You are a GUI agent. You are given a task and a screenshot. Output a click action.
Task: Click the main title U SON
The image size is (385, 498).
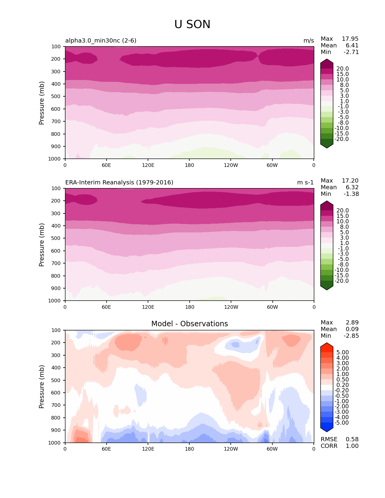coord(192,24)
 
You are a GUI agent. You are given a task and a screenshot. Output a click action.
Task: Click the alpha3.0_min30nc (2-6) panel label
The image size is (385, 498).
coord(101,41)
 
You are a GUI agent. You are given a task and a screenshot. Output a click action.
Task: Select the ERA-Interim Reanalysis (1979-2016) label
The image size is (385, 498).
coord(119,183)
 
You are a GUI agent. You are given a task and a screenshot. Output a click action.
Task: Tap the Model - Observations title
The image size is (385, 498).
coord(189,324)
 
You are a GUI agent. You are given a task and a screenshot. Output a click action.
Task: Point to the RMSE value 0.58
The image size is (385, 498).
coord(352,439)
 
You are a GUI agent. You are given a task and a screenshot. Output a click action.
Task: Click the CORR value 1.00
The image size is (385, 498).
coord(352,446)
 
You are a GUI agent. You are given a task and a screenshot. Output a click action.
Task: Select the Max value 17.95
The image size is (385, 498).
coord(350,39)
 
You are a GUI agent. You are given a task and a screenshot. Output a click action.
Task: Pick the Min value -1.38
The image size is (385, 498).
coord(351,194)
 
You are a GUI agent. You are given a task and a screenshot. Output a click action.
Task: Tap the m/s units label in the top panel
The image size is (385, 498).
coord(309,41)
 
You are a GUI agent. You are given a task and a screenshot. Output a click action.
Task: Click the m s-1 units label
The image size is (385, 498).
coord(305,183)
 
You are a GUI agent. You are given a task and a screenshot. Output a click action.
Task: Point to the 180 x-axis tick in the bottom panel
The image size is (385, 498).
coord(189,449)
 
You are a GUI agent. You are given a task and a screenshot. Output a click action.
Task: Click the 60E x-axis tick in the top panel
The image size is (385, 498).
coord(106,165)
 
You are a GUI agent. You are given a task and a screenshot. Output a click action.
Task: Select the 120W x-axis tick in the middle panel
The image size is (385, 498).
coord(231,307)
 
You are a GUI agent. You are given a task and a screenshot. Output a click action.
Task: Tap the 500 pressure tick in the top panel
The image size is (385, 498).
coord(56,97)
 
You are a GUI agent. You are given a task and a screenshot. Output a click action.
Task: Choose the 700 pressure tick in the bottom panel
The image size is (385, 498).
coord(56,405)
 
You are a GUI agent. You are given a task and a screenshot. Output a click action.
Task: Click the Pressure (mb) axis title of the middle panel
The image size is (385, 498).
coord(42,245)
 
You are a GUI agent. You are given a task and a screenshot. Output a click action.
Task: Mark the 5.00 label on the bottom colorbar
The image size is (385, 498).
coord(342,353)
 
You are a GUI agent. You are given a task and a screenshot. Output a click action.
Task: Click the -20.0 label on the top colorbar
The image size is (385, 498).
coord(342,139)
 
